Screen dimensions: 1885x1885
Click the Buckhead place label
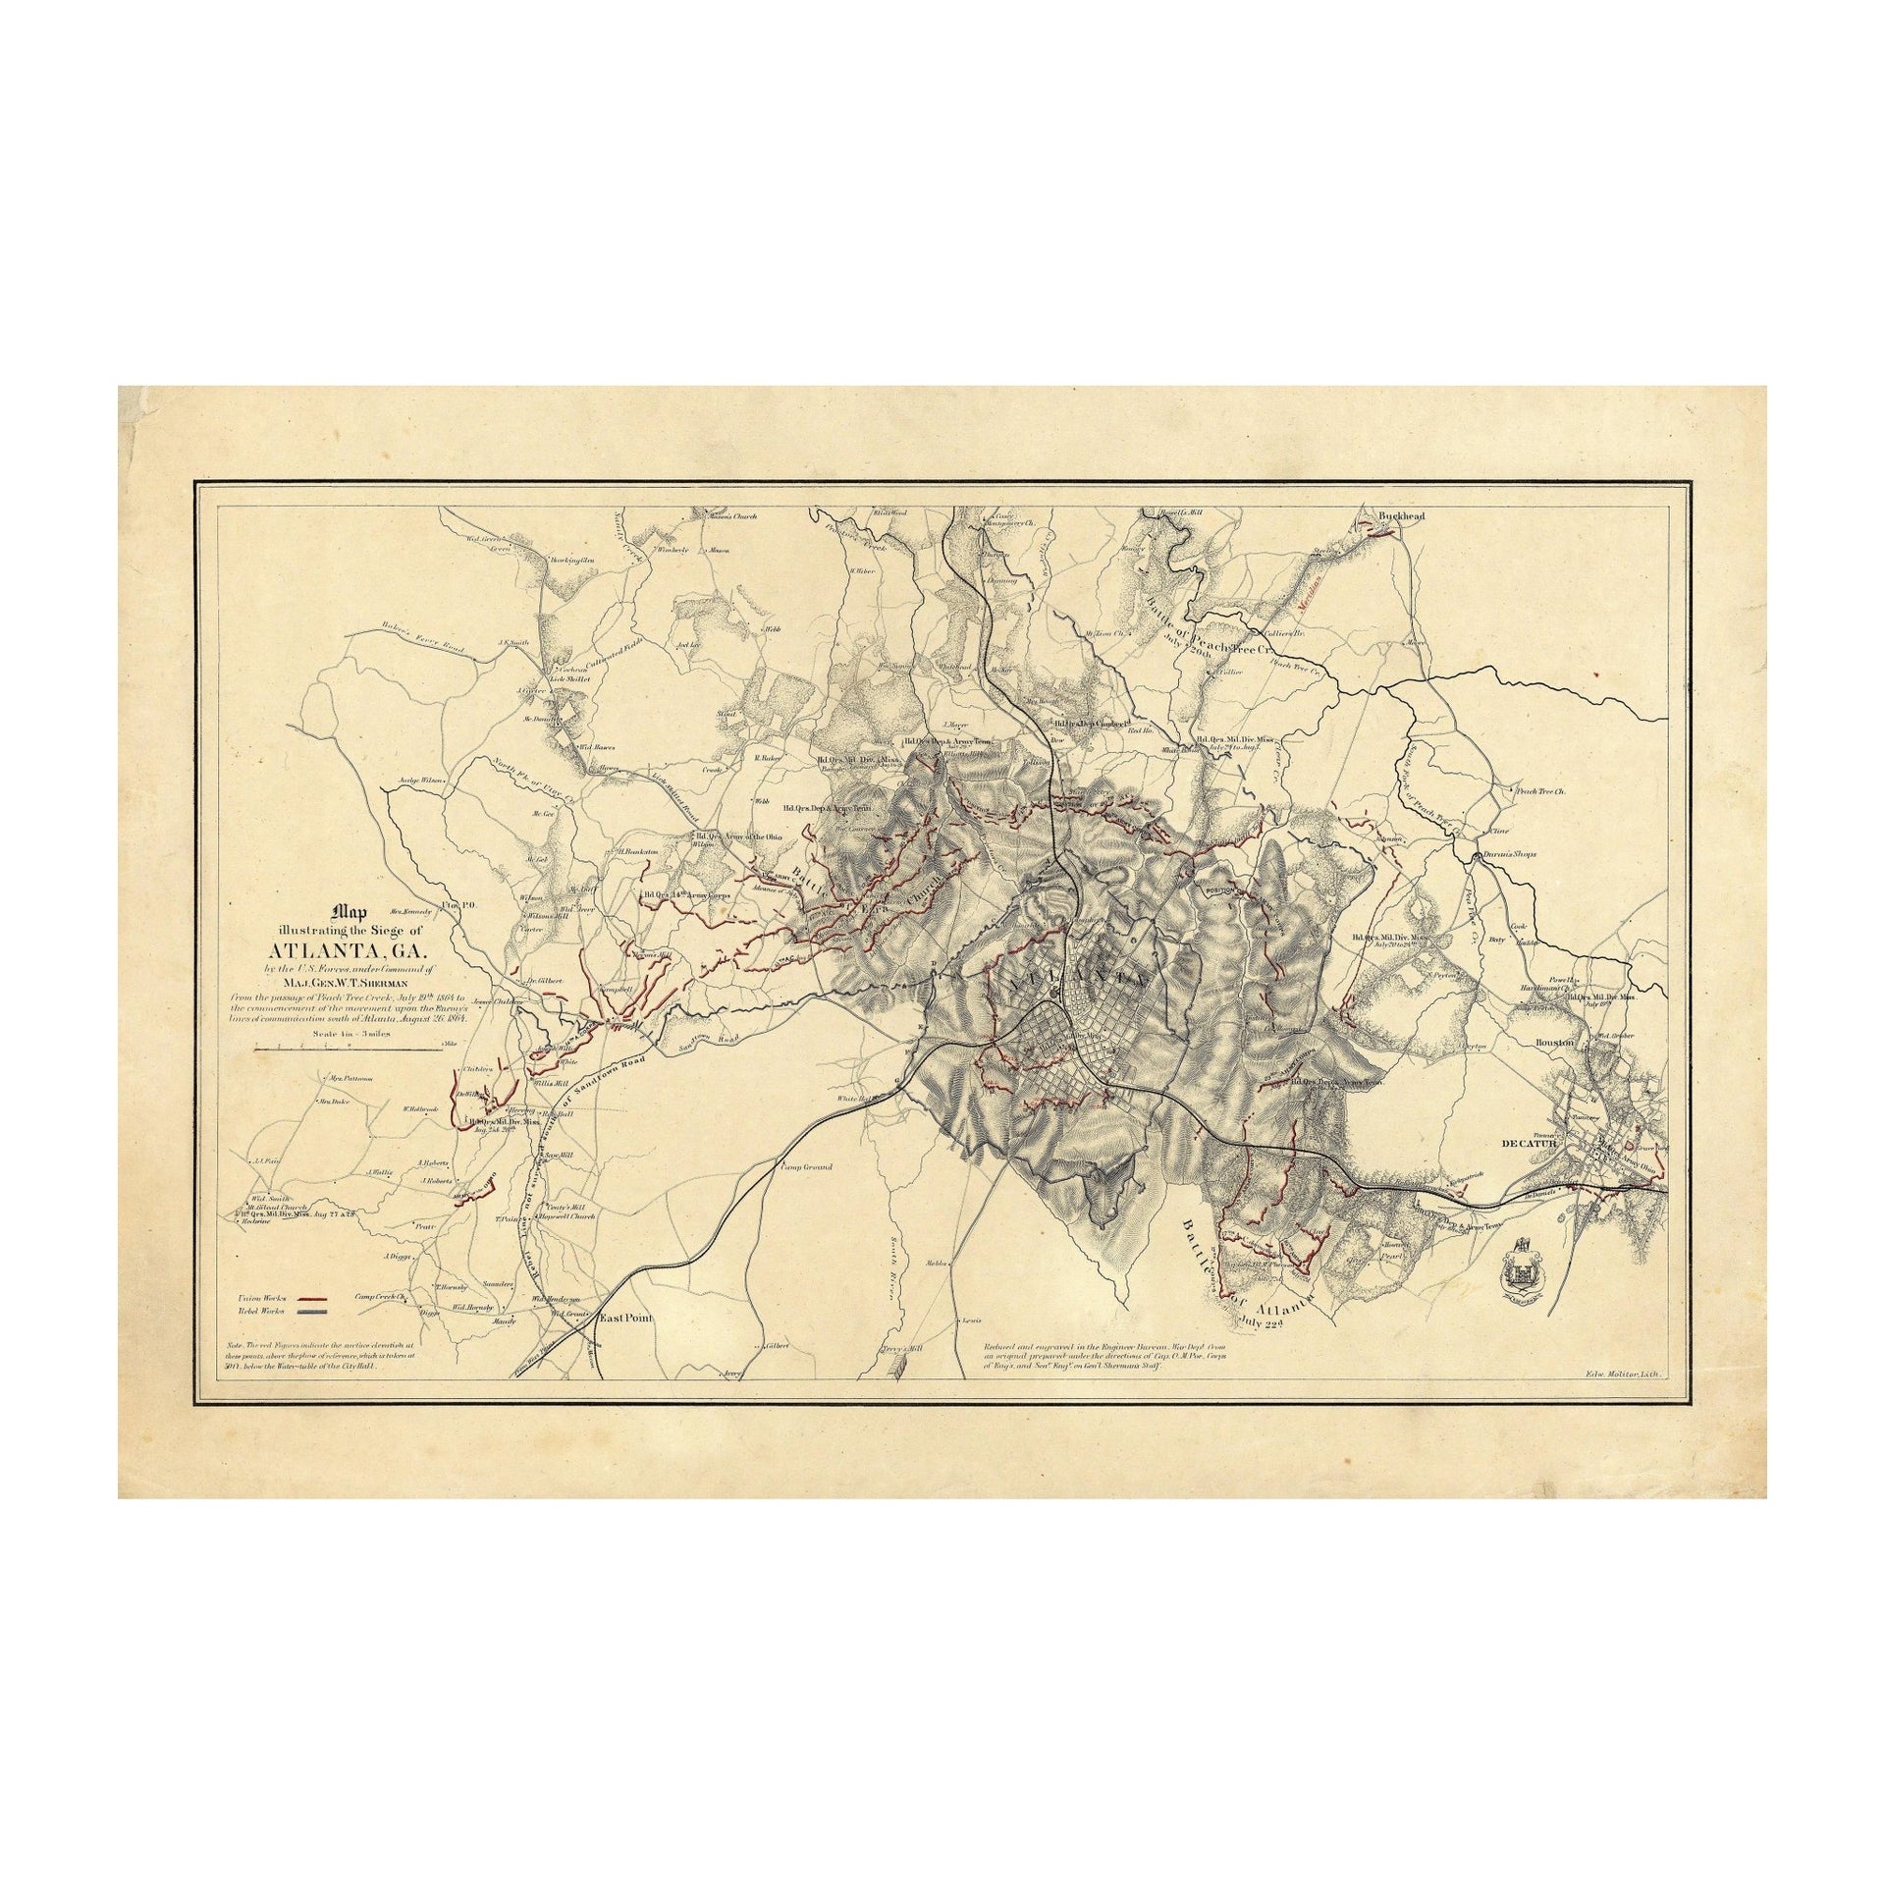pyautogui.click(x=1393, y=514)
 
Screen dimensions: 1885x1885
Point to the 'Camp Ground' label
pyautogui.click(x=806, y=1166)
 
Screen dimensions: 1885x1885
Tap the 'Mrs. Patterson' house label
pyautogui.click(x=351, y=1078)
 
